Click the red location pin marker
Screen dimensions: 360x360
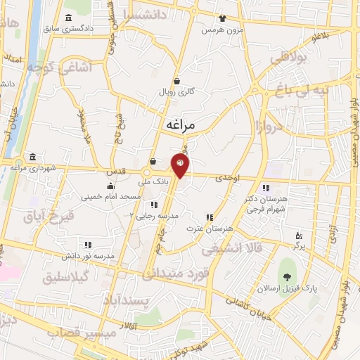[180, 165]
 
